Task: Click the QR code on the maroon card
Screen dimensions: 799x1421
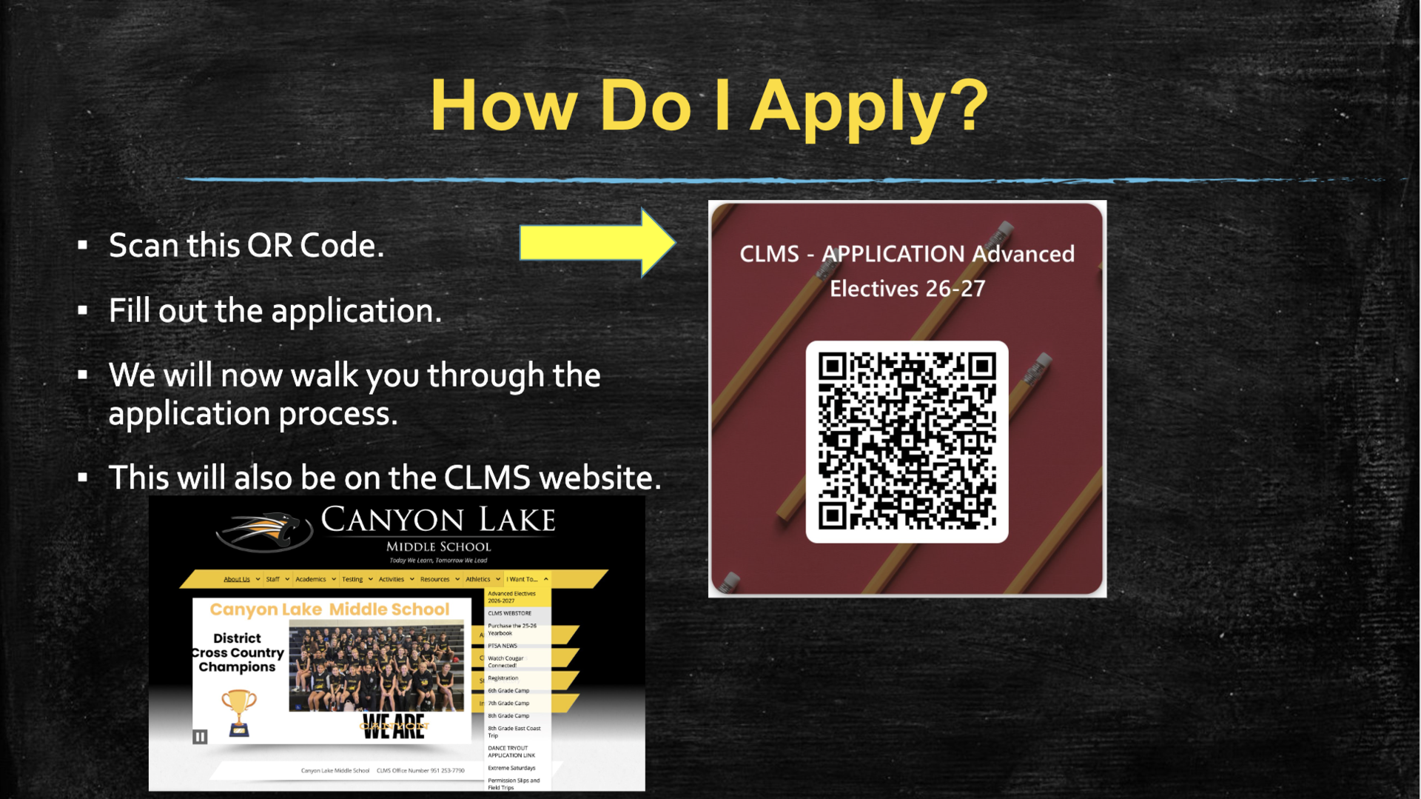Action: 907,441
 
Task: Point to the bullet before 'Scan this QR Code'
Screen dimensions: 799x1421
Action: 83,245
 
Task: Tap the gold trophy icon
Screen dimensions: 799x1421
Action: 238,712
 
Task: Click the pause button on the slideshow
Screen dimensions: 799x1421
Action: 200,737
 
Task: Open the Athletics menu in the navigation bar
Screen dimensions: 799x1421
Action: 478,579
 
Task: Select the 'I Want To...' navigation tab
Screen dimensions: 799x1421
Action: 523,579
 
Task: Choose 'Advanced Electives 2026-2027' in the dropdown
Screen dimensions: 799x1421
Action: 513,597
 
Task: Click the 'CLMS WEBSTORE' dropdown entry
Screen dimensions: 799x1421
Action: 510,613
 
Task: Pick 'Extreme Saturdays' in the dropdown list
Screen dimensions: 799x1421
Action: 511,768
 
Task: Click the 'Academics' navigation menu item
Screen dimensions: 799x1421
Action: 311,579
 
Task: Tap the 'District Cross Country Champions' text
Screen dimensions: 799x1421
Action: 237,652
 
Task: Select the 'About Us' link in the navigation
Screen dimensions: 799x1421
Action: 237,579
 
